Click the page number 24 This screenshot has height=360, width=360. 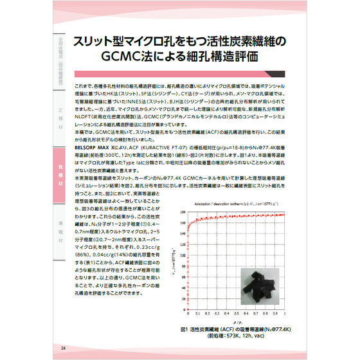(x=64, y=348)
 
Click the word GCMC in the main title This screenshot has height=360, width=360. (x=123, y=56)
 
